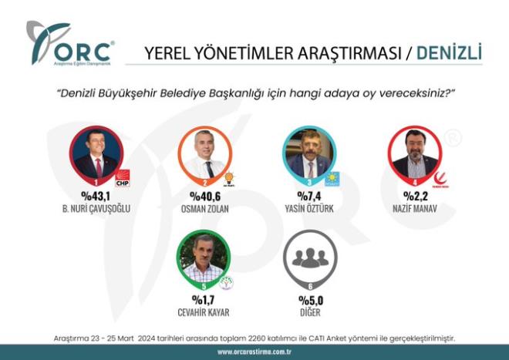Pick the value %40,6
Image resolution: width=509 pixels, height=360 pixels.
204,196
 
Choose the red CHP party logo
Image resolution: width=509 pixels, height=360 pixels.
123,180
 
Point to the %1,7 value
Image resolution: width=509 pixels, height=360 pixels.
203,301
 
